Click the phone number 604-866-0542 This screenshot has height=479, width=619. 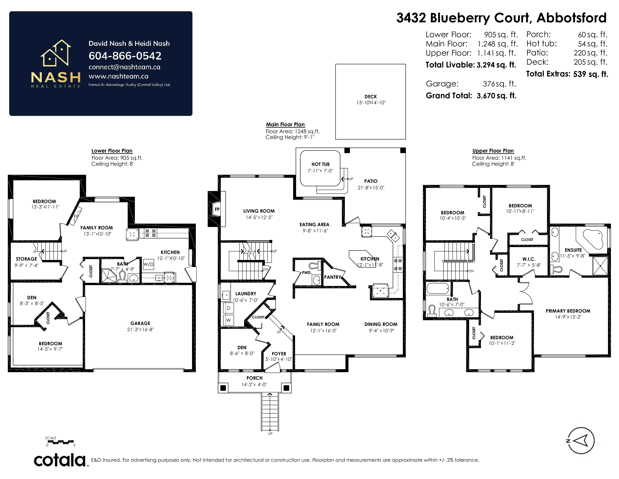(x=125, y=56)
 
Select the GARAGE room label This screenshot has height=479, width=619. (x=140, y=323)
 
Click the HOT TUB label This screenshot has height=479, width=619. (x=321, y=164)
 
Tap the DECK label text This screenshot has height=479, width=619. (x=371, y=97)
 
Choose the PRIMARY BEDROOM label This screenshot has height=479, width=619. (x=568, y=311)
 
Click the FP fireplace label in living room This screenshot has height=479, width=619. (x=217, y=209)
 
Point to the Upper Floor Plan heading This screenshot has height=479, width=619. (x=493, y=151)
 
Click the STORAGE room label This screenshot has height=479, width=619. (x=26, y=259)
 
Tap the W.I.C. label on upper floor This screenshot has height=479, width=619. (x=529, y=259)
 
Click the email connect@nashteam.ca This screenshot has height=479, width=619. (x=124, y=67)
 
